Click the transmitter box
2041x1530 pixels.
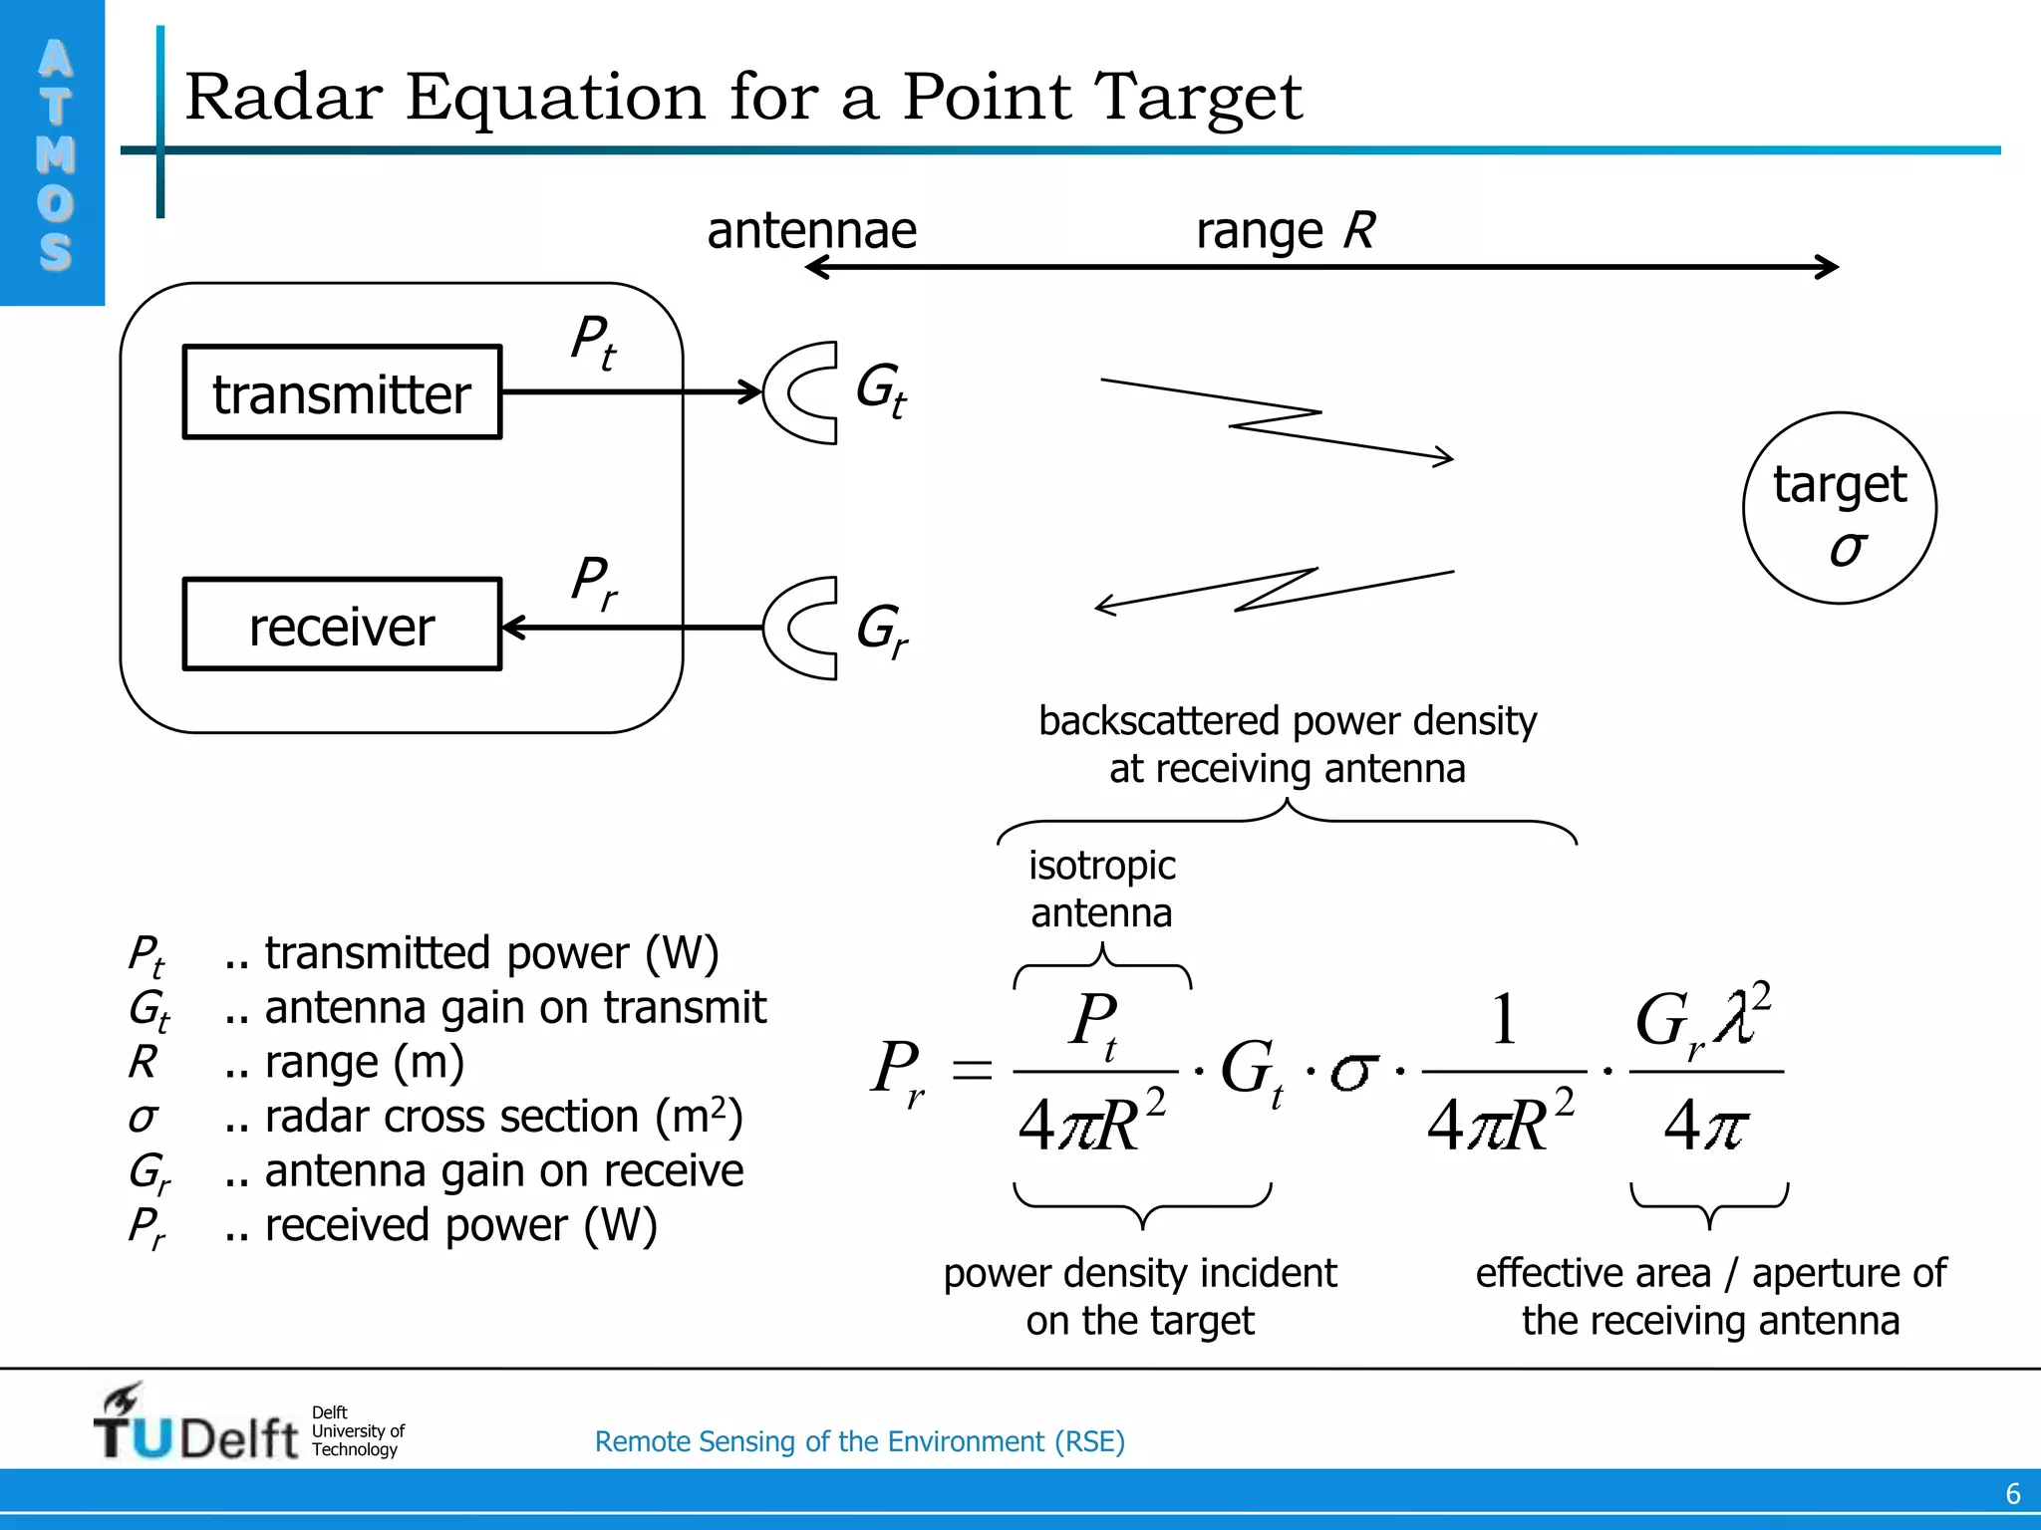(x=342, y=392)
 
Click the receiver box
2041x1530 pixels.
(x=342, y=625)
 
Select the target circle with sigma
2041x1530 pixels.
(x=1839, y=508)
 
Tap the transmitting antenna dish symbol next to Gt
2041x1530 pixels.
(x=800, y=392)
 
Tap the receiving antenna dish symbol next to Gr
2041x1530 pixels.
(x=800, y=628)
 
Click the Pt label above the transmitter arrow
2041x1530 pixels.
(x=593, y=342)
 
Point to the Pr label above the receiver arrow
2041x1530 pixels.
(x=593, y=582)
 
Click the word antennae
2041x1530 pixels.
(x=811, y=231)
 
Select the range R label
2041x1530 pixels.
(x=1285, y=231)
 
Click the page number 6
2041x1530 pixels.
(x=2012, y=1494)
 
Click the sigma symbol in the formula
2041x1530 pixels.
(x=1353, y=1072)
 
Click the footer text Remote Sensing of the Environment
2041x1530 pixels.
(x=859, y=1441)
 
